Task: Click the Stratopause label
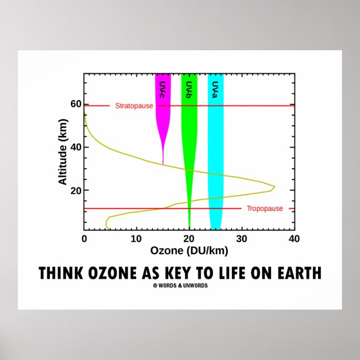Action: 134,106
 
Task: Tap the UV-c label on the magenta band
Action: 162,90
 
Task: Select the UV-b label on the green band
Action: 189,90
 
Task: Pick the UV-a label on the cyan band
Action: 215,90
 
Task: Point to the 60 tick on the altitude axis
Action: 75,104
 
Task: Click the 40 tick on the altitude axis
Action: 75,147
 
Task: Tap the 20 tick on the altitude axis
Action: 75,190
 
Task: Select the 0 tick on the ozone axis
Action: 84,239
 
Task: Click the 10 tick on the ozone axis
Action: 136,239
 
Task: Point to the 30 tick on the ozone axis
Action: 241,239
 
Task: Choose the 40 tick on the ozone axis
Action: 294,239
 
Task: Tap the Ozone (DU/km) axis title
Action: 190,251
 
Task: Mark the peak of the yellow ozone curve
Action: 274,186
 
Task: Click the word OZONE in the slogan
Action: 110,273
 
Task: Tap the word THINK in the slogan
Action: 60,273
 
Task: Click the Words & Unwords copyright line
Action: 180,285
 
